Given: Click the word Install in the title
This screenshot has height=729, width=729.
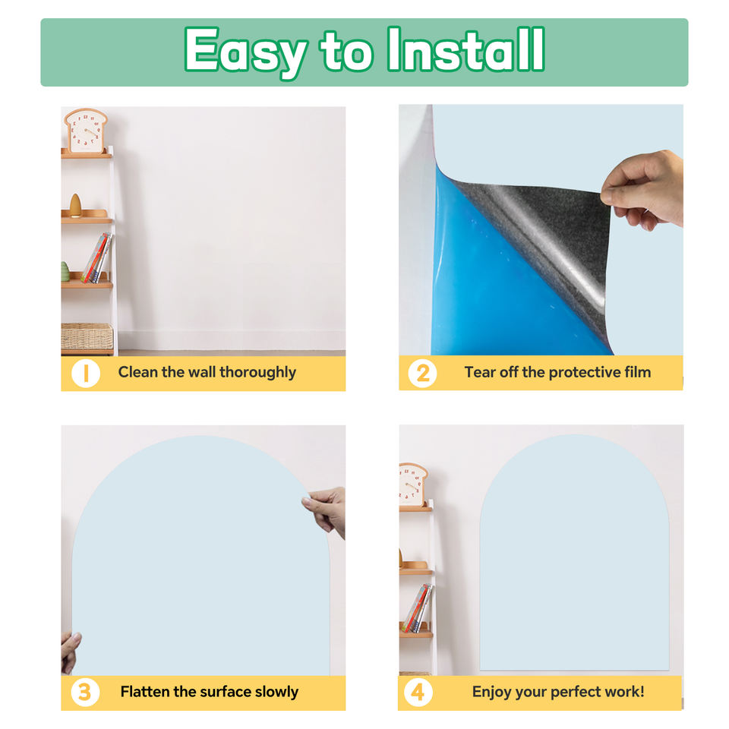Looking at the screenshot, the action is (465, 49).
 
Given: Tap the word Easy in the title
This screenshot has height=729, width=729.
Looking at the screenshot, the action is (245, 52).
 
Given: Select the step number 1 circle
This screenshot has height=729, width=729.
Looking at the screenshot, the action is (86, 374).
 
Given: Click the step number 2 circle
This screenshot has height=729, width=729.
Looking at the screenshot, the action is (422, 374).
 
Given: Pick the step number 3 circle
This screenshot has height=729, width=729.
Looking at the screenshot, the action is (85, 693).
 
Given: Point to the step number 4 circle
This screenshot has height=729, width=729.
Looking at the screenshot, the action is (418, 693).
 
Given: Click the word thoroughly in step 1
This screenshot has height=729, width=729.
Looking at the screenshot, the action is (257, 372).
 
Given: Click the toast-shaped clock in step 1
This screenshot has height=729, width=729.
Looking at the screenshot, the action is (86, 131).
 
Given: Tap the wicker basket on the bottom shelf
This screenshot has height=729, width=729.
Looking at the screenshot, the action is (87, 336).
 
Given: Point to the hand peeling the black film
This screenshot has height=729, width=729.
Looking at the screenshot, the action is (644, 190).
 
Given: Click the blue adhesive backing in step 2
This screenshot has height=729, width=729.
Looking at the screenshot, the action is (488, 289).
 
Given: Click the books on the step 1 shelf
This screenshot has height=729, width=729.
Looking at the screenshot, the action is (97, 258).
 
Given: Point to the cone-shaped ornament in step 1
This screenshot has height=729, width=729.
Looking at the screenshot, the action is (75, 205).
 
